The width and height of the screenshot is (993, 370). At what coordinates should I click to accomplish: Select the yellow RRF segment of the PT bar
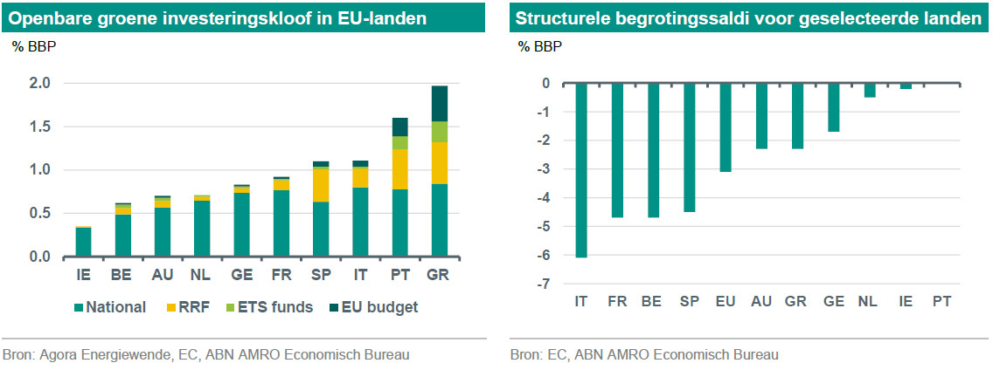pyautogui.click(x=399, y=169)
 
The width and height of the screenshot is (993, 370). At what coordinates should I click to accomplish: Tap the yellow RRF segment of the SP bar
pyautogui.click(x=321, y=184)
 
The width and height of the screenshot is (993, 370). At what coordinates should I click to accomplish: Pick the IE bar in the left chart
pyautogui.click(x=84, y=242)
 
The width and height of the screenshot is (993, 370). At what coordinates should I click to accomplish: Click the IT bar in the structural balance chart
pyautogui.click(x=580, y=170)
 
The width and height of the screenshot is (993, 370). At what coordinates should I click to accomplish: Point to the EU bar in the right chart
pyautogui.click(x=725, y=127)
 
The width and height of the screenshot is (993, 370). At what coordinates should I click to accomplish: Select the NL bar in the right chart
pyautogui.click(x=870, y=91)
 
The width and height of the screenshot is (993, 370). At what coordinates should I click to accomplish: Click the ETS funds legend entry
pyautogui.click(x=271, y=307)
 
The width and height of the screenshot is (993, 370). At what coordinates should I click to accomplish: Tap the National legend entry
pyautogui.click(x=108, y=307)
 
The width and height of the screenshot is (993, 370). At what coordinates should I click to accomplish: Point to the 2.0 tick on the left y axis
pyautogui.click(x=40, y=84)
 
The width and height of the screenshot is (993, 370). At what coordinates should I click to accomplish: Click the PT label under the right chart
pyautogui.click(x=941, y=301)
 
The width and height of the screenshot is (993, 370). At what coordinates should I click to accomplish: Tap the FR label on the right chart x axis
pyautogui.click(x=617, y=301)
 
